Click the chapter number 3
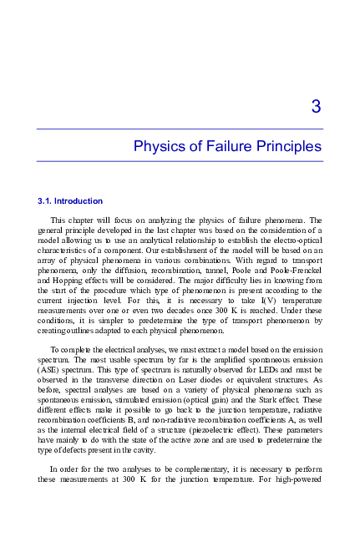316,107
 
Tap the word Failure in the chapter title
230,147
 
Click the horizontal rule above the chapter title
180,129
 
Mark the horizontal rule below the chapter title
180,161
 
